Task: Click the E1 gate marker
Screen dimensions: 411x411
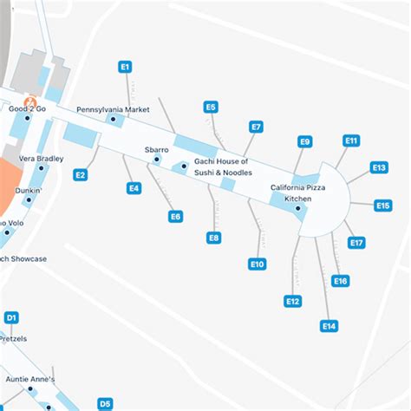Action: click(125, 66)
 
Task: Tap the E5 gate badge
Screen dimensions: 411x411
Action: click(211, 108)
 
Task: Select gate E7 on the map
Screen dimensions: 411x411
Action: click(256, 127)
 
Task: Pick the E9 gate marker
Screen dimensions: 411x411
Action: click(304, 141)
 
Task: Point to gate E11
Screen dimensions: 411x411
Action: click(351, 140)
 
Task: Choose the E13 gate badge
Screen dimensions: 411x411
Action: click(379, 167)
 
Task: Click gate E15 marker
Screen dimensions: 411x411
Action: click(383, 205)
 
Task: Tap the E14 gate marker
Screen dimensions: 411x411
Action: click(329, 326)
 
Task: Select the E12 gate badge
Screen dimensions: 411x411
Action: click(293, 301)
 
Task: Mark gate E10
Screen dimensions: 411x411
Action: click(257, 264)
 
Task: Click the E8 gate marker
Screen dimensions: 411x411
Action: click(214, 237)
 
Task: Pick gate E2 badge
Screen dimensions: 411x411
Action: click(80, 175)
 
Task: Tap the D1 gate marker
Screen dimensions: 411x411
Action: click(11, 318)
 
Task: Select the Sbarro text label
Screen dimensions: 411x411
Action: click(156, 150)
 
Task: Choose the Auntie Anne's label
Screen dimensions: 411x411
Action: click(29, 379)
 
